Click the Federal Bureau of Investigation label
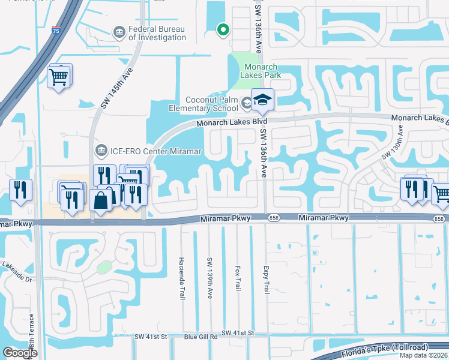point(157,33)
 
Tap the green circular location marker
point(223,29)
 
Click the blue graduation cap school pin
point(262,100)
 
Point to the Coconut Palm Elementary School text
point(211,104)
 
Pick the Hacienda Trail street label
point(181,278)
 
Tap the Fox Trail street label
point(238,278)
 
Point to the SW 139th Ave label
point(209,278)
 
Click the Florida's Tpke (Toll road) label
point(394,348)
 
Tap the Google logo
point(20,353)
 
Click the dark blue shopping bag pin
point(100,200)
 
